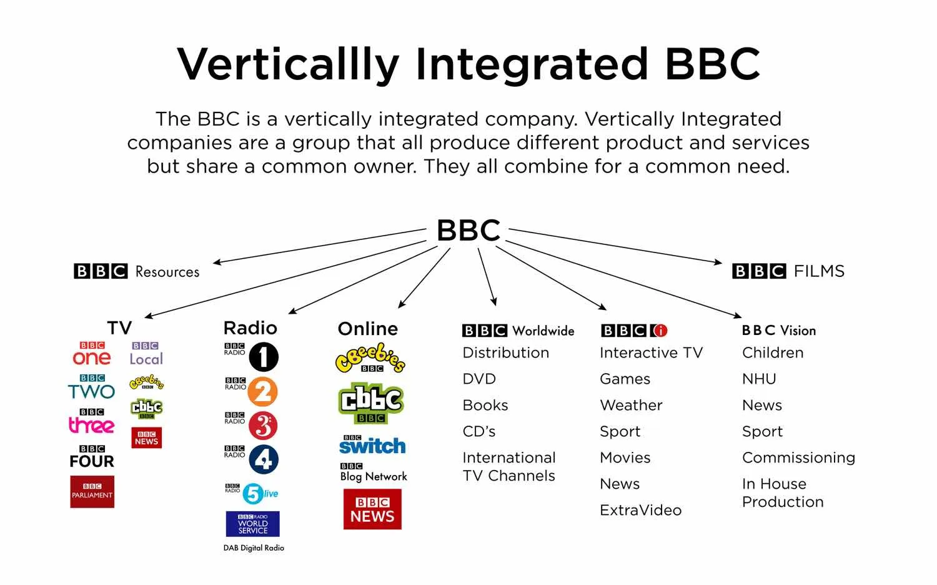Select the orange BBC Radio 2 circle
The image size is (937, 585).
click(x=262, y=392)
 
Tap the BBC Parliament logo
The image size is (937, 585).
click(x=92, y=492)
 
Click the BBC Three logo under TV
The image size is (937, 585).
click(x=91, y=422)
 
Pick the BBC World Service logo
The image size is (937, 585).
click(x=252, y=524)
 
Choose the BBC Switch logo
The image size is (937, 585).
click(x=372, y=444)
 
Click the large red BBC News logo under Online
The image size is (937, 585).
click(x=372, y=509)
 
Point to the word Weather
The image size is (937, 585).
click(x=631, y=405)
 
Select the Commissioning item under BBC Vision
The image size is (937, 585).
click(x=798, y=457)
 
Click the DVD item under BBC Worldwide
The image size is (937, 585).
click(x=479, y=379)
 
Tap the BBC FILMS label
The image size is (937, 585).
click(x=788, y=271)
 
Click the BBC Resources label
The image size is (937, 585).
click(x=137, y=271)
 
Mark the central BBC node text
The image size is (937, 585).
click(x=468, y=230)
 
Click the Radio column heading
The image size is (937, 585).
click(x=250, y=328)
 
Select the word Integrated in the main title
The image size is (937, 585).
click(x=531, y=64)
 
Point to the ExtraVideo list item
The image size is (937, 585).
click(x=640, y=510)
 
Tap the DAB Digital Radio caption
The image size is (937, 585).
click(x=254, y=548)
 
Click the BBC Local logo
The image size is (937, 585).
click(x=146, y=354)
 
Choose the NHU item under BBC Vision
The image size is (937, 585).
click(x=759, y=379)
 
